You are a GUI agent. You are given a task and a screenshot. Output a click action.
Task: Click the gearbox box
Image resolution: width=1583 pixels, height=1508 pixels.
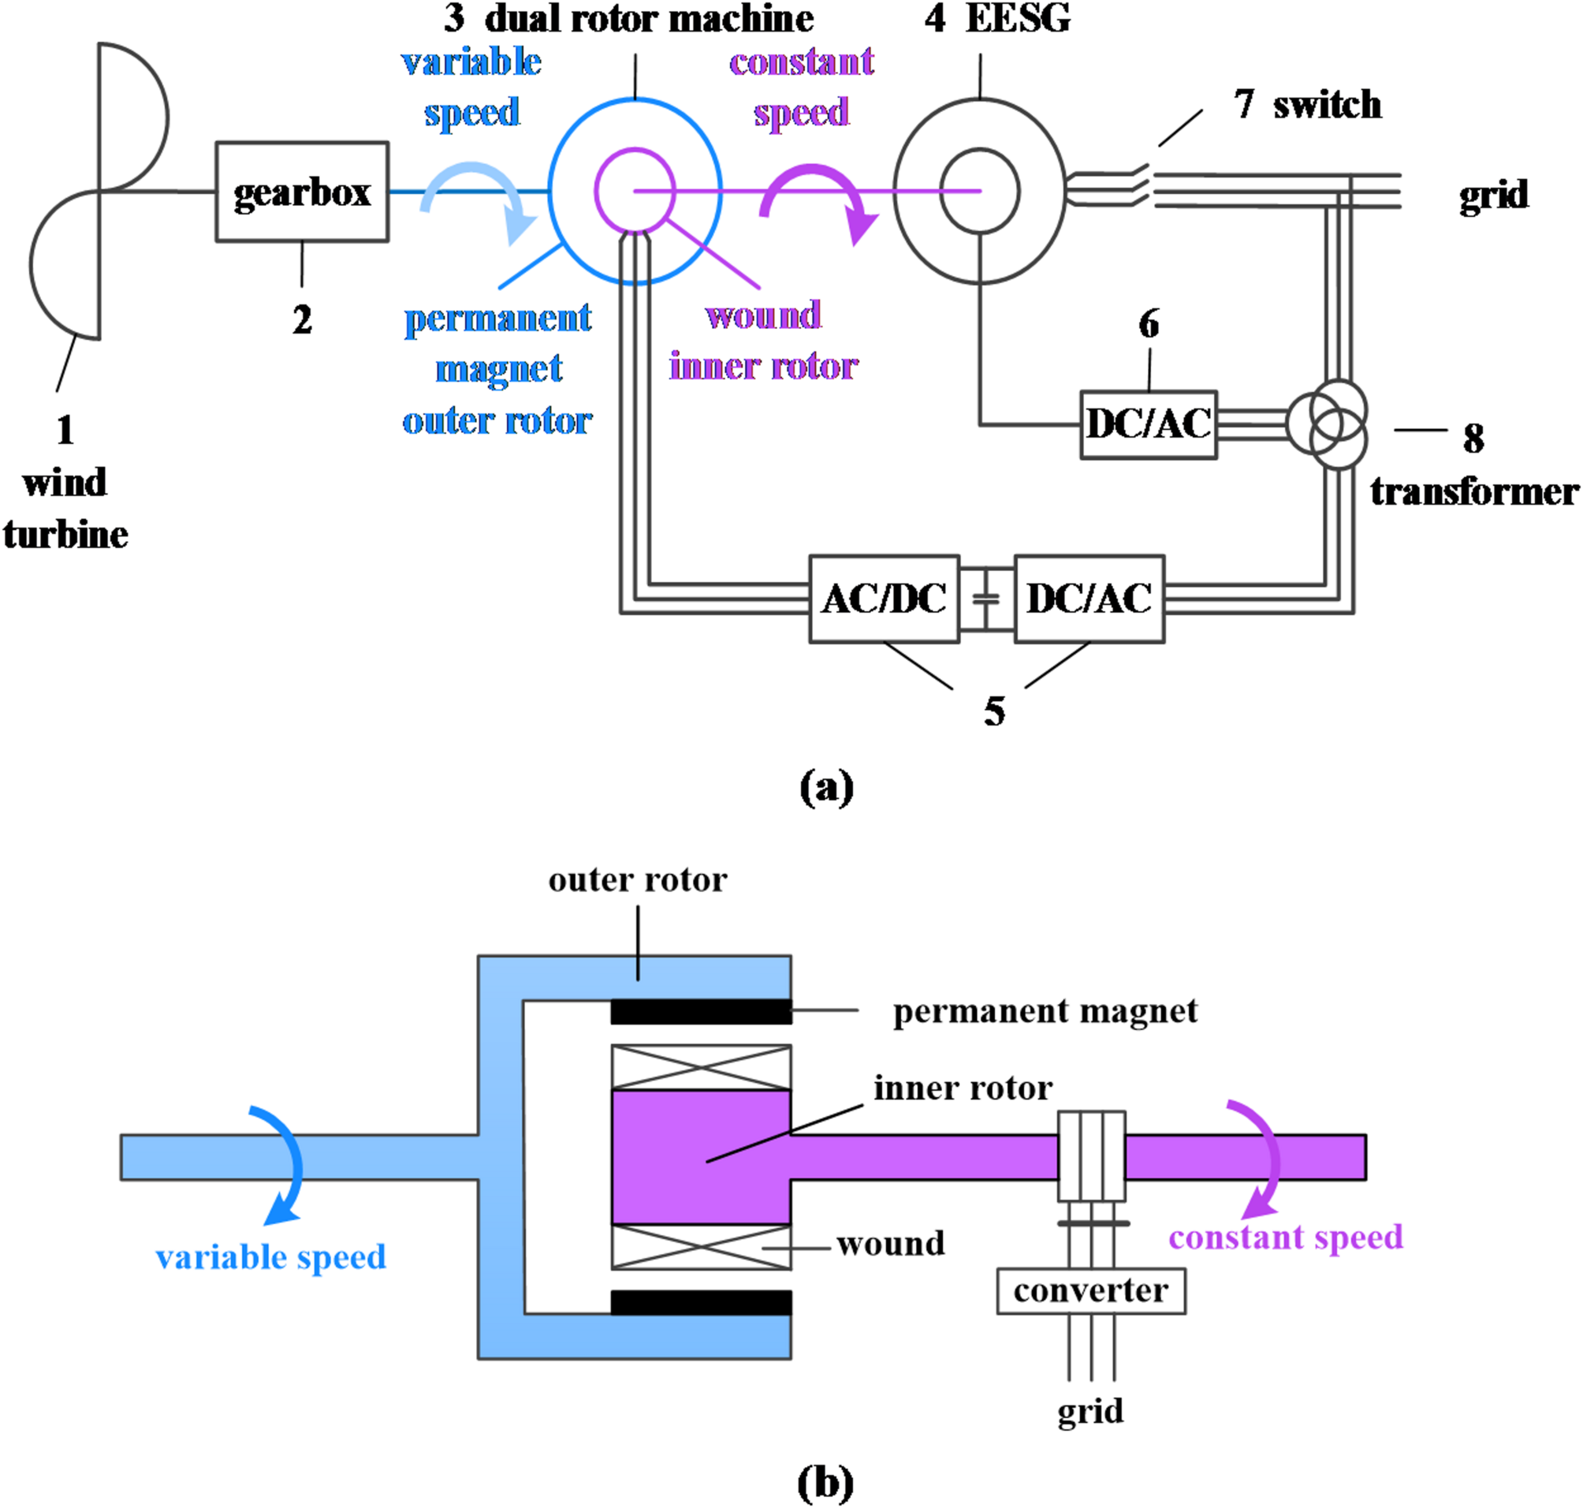click(302, 192)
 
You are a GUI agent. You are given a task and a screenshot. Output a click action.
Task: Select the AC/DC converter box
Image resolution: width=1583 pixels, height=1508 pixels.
click(884, 599)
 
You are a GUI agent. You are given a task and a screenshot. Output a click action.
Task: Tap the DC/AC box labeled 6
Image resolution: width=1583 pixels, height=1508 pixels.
click(1149, 424)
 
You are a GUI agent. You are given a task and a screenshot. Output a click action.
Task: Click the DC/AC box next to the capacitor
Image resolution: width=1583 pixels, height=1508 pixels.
click(1089, 599)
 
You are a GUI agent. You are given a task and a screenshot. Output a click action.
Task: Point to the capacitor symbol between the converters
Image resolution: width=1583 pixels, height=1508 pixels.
click(986, 599)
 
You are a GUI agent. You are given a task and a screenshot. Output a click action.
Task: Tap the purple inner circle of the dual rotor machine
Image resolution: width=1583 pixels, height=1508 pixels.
click(635, 191)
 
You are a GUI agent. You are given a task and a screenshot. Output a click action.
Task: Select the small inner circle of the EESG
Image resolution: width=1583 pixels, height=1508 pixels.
click(980, 192)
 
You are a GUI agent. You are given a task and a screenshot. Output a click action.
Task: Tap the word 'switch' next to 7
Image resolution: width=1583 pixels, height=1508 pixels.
click(1327, 106)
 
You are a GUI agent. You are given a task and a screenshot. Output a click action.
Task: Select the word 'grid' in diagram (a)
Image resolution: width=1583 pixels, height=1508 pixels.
click(1493, 196)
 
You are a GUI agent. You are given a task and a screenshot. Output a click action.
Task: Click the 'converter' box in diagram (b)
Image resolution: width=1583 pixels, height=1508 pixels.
click(1090, 1292)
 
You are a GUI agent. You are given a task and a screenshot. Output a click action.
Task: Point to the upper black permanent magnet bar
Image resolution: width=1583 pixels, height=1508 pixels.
click(701, 1011)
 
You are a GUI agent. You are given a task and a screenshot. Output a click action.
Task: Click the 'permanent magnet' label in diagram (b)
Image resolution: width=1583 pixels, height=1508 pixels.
click(1045, 1011)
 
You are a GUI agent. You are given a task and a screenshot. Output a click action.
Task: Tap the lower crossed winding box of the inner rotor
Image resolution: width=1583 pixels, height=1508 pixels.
click(701, 1248)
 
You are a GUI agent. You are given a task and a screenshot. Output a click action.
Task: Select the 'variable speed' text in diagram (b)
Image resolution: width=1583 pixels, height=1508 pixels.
click(271, 1257)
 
